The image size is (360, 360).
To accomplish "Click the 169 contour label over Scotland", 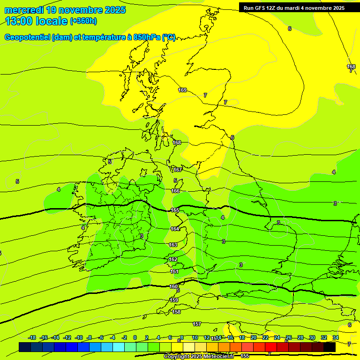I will [182, 90].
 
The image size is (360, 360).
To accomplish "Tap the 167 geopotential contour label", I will [178, 170].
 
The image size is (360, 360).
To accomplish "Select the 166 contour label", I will [175, 191].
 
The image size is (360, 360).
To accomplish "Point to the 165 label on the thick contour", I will [175, 210].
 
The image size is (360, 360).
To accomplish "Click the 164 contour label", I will [174, 229].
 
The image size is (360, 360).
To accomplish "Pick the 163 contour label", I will [173, 245].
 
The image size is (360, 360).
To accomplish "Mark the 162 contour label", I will [173, 259].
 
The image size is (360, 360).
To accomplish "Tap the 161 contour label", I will [174, 271].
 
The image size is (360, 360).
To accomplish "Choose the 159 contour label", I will [174, 300].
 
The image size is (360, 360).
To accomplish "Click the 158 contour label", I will [176, 312].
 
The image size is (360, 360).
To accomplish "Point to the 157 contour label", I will [197, 324].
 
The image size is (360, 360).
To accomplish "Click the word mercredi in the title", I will [24, 10].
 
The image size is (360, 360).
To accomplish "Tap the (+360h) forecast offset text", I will [83, 21].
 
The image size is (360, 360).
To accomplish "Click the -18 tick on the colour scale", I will [32, 337].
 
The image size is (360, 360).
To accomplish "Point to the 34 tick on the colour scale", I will [336, 337].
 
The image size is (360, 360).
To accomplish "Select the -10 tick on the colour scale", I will [79, 337].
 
